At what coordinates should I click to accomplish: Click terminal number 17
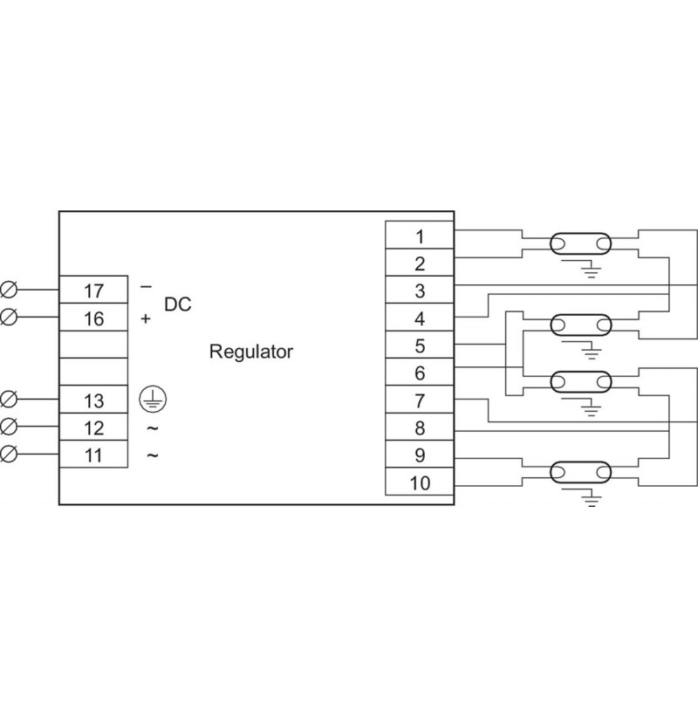94,291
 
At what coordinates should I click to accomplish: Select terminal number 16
94,318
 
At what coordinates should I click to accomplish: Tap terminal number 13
94,400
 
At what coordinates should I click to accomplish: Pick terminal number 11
94,455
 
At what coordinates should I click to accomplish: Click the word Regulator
251,352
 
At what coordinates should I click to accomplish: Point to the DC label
178,304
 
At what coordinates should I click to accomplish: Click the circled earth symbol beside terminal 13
153,399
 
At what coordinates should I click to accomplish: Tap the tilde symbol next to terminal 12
153,428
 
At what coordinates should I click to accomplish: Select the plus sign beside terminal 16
146,318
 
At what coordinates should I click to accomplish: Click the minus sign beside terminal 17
146,287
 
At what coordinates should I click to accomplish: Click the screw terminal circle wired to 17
9,290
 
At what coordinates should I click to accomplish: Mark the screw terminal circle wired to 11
9,454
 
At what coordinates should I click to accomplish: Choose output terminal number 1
420,236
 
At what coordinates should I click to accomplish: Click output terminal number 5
420,345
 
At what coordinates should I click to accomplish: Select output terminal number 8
420,428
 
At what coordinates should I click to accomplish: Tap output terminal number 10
420,482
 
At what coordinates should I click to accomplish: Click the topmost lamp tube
580,243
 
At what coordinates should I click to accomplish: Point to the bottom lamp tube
580,472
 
